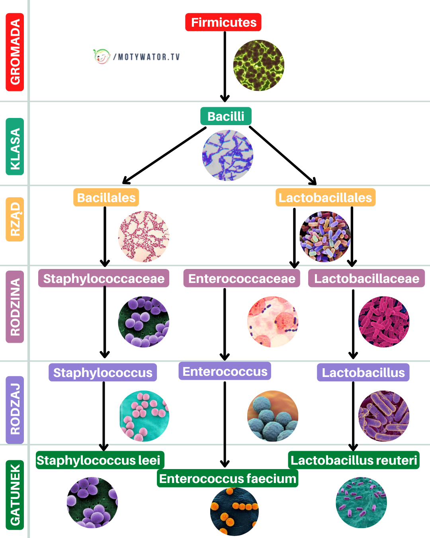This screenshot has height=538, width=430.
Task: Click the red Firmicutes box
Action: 223,22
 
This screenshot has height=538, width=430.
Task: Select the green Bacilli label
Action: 226,116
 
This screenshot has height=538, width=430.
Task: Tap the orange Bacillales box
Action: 106,198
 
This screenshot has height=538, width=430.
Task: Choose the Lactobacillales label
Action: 325,198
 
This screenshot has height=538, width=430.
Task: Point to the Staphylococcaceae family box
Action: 104,279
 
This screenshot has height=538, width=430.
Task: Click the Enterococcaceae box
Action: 242,279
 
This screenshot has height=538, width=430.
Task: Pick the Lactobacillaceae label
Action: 366,279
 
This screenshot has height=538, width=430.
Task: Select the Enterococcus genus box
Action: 225,371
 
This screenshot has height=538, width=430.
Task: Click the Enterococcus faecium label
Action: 228,478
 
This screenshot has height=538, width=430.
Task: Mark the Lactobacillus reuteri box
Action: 354,460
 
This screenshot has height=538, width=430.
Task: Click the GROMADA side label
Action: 15,52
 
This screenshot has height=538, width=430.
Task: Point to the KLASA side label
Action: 15,147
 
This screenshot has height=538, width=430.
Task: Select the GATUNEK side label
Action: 15,494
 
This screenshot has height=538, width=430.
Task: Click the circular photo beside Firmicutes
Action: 258,65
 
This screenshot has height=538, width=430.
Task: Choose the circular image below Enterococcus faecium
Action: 235,512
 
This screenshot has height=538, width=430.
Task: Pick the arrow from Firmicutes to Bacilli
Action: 225,66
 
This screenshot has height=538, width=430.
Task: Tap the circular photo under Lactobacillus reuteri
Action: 361,503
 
